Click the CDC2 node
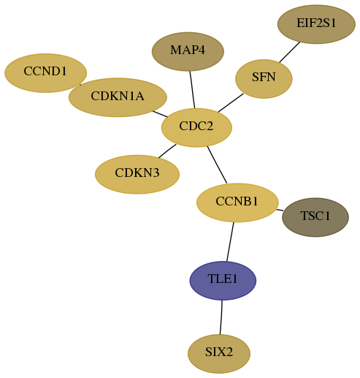click(196, 127)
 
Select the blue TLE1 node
click(223, 281)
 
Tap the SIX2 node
click(219, 354)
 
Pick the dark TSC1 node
click(315, 217)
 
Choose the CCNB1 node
click(237, 203)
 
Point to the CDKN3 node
click(137, 174)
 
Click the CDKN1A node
click(118, 97)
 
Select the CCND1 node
click(45, 73)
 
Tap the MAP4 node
click(188, 51)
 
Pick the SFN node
click(264, 79)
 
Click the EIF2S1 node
click(316, 24)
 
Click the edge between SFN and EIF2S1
click(290, 52)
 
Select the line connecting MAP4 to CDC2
click(192, 89)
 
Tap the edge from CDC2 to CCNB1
click(217, 165)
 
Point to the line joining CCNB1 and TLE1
click(230, 241)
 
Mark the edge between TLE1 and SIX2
click(221, 317)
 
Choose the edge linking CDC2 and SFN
click(231, 103)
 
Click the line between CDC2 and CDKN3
click(167, 151)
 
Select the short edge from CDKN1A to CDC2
click(160, 114)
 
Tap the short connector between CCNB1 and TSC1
click(280, 210)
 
